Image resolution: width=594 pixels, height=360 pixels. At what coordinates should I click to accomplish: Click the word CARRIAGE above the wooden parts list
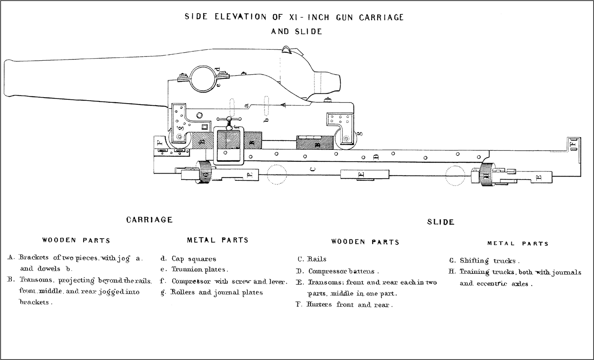(x=149, y=220)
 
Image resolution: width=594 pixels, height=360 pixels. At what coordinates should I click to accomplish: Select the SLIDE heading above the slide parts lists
(x=440, y=222)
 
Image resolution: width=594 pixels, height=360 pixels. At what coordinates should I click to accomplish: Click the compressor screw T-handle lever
(x=230, y=120)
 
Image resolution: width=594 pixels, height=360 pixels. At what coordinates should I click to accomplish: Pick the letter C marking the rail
(x=313, y=169)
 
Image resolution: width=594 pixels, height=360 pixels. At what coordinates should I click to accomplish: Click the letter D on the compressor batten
(x=375, y=157)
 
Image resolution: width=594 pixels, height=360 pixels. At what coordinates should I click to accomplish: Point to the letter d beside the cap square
(x=217, y=69)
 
